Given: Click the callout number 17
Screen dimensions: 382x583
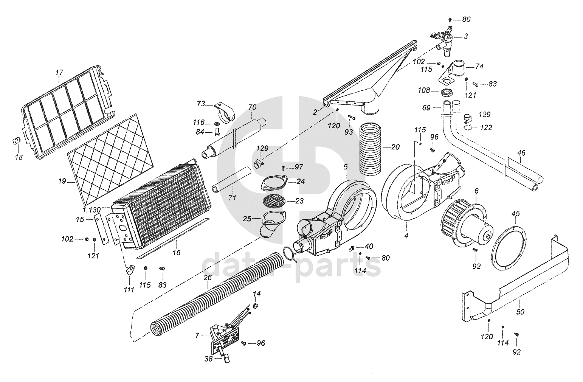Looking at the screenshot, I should coord(59,72).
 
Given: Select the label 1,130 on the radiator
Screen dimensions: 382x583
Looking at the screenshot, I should coord(91,210).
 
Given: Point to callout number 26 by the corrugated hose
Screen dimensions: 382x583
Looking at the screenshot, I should coord(207,278).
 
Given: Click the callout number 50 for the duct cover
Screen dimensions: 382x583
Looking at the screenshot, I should coord(521,312).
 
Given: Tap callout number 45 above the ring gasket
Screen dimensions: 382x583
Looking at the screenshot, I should coord(516,214).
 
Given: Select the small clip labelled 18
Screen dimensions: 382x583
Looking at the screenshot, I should coord(14,141).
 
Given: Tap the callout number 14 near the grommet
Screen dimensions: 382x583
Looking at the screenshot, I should coord(257,293).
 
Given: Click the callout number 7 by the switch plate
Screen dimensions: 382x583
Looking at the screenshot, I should coord(197,335).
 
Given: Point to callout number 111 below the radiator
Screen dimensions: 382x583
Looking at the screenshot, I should coord(129,290).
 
